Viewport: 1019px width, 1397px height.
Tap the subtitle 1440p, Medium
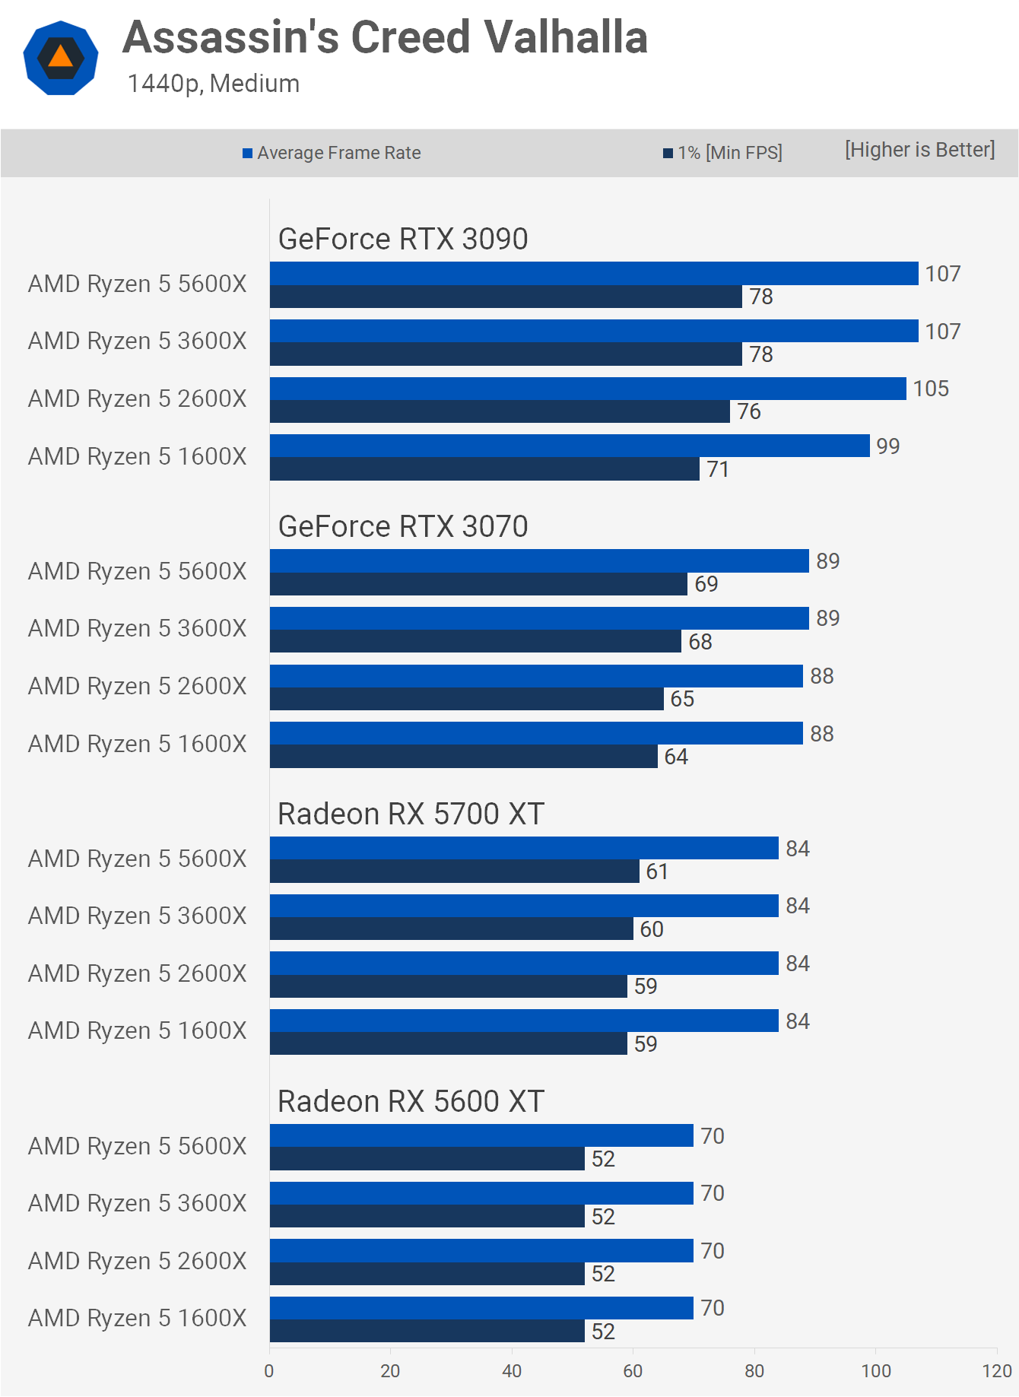[x=214, y=84]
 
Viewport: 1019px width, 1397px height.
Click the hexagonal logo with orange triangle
[x=61, y=58]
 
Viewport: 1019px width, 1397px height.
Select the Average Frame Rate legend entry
[x=332, y=153]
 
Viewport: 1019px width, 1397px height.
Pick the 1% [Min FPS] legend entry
[x=722, y=153]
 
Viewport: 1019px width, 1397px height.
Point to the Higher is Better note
[x=919, y=150]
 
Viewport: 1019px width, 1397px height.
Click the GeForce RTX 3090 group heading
[x=403, y=239]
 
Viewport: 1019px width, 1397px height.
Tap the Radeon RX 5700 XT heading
[x=411, y=814]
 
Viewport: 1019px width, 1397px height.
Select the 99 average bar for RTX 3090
[x=570, y=446]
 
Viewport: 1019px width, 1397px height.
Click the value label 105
[x=931, y=389]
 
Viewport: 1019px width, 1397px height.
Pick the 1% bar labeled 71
[x=484, y=469]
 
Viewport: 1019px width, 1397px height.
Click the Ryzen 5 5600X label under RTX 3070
[x=138, y=571]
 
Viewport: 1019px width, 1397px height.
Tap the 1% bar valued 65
[x=466, y=699]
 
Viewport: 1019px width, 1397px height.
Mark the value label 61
[x=657, y=872]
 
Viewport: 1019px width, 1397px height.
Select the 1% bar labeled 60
[x=451, y=929]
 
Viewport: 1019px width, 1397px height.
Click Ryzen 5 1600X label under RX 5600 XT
[x=138, y=1318]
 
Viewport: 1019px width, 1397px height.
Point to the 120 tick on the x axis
[x=996, y=1370]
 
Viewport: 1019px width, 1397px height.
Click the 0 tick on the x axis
[x=269, y=1370]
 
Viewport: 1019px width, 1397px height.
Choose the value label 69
[x=706, y=584]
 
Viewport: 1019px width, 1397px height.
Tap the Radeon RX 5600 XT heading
[x=411, y=1101]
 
